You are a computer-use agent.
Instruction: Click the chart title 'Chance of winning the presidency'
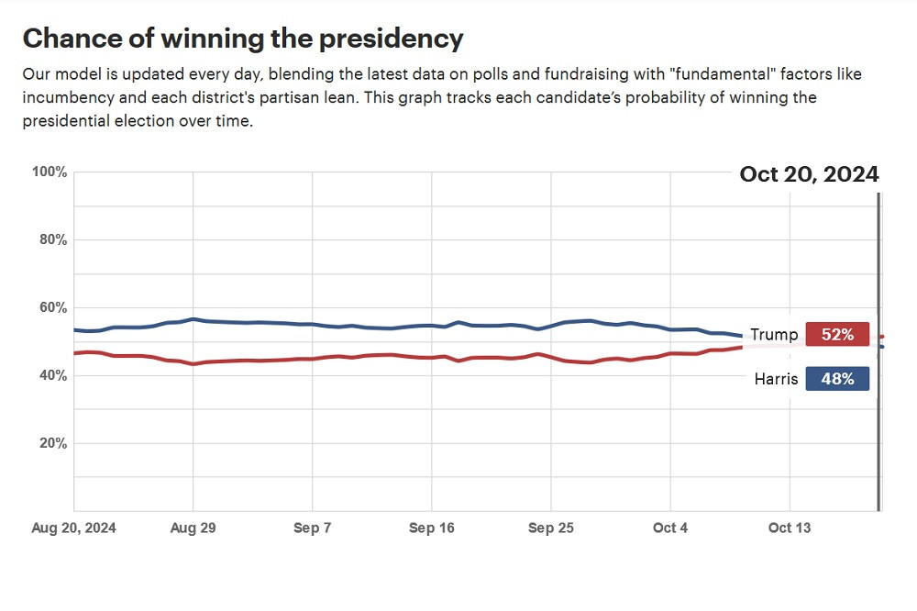click(x=242, y=39)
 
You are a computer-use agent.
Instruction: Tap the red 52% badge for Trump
click(x=837, y=335)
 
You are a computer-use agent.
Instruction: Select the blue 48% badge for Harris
click(x=837, y=379)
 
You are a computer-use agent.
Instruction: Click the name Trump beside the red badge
click(x=774, y=335)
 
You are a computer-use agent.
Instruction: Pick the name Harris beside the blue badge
click(x=776, y=379)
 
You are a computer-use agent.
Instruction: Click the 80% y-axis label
click(x=51, y=240)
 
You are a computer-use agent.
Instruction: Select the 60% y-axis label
click(x=51, y=308)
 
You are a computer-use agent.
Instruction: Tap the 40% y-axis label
click(x=51, y=376)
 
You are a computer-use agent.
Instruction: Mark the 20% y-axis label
click(x=51, y=444)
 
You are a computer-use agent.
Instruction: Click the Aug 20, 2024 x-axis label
click(x=74, y=528)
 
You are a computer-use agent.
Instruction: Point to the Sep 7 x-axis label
click(x=312, y=528)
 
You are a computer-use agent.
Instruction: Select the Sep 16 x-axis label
click(x=431, y=528)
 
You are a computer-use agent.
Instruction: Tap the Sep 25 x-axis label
click(x=550, y=528)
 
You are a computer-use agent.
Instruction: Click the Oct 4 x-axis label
click(x=669, y=528)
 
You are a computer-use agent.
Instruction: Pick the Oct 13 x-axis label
click(x=790, y=528)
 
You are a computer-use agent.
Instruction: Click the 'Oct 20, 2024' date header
click(x=809, y=174)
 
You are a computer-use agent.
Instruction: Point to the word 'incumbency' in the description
click(x=65, y=97)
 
